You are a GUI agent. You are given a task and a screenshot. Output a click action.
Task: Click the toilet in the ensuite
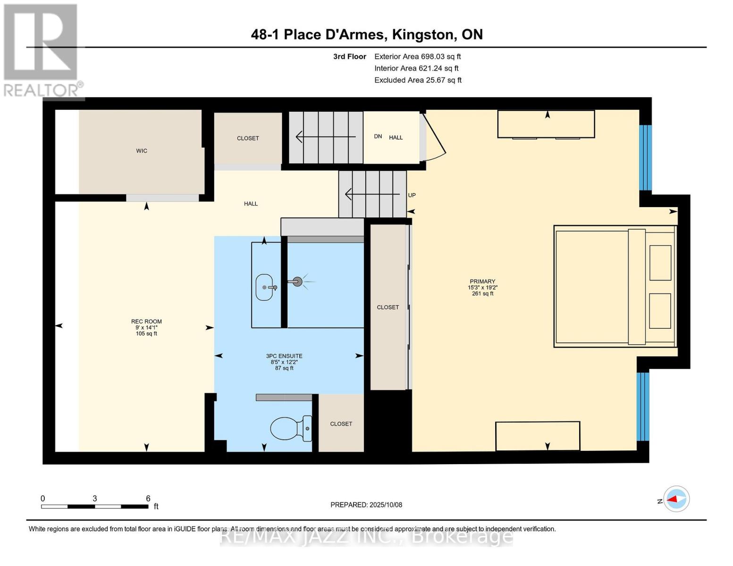coord(290,428)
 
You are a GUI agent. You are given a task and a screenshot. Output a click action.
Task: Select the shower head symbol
coord(297,282)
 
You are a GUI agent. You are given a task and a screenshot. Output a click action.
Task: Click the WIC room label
coord(142,151)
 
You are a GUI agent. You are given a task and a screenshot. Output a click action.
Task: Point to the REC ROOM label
coord(146,322)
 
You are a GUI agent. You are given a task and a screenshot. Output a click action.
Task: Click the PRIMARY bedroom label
coord(482,282)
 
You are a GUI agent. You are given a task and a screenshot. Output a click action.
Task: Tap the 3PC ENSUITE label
coord(284,356)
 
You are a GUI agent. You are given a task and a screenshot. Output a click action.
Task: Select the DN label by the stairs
coord(378,136)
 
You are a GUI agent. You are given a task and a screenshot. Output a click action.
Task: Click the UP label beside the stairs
coord(412,195)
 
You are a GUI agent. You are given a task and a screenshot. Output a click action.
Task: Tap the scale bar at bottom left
coord(94,507)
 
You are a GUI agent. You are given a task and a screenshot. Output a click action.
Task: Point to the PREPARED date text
coord(366,505)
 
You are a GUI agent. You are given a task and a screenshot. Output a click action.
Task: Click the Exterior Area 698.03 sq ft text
coord(417,57)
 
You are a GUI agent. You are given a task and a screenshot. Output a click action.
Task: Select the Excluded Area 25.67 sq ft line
coord(418,80)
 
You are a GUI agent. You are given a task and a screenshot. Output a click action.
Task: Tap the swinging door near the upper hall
coord(434,137)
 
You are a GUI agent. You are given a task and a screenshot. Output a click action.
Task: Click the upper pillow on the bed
coord(660,263)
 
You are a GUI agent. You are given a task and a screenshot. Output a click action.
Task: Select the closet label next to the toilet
coord(341,424)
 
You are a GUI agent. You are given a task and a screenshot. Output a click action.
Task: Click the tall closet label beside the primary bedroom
coord(388,308)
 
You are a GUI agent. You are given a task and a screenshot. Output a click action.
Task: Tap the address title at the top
coord(367,34)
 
